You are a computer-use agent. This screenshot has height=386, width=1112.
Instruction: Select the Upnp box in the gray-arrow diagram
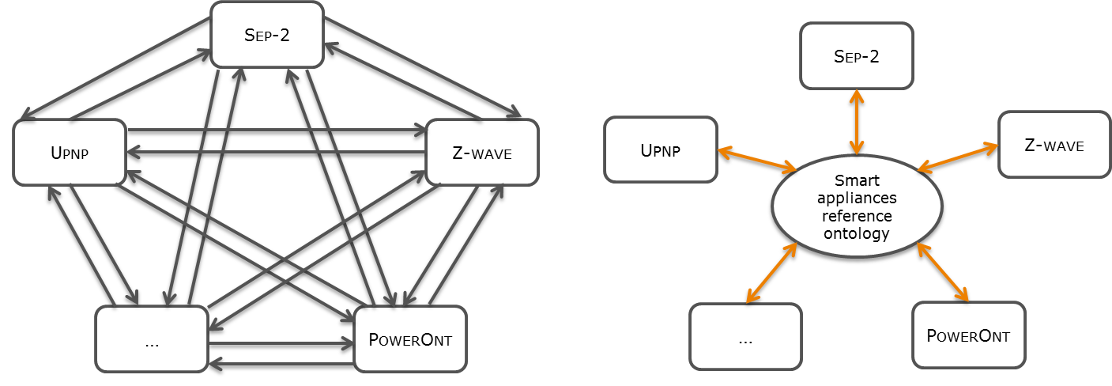tap(70, 151)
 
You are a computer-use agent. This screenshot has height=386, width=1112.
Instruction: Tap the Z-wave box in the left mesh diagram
tap(481, 151)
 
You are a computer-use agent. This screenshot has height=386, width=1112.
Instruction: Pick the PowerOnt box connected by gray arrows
tap(410, 339)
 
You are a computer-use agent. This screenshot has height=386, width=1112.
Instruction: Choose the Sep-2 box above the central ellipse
tap(857, 55)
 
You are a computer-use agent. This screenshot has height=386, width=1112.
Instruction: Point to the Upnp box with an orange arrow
tap(660, 149)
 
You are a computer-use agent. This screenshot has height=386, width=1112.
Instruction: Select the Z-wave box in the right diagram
tap(1054, 144)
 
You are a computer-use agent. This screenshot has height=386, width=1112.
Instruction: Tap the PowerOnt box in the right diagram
tap(968, 335)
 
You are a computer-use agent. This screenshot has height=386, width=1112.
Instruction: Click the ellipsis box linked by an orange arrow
tap(745, 338)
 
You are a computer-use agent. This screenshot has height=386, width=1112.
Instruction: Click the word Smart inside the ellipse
tap(857, 180)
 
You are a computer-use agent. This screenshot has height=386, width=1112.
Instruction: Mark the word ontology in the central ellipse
tap(857, 233)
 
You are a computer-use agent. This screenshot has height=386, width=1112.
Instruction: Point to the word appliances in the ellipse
tap(857, 198)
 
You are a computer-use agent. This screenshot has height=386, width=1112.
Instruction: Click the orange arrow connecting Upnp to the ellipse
tap(757, 158)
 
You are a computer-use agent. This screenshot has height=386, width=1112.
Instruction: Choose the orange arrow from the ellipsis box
tap(769, 273)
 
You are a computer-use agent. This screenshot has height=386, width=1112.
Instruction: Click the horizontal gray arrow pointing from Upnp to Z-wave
tap(277, 130)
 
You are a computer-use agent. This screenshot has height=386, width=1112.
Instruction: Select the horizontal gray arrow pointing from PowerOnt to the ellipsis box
tap(281, 364)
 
